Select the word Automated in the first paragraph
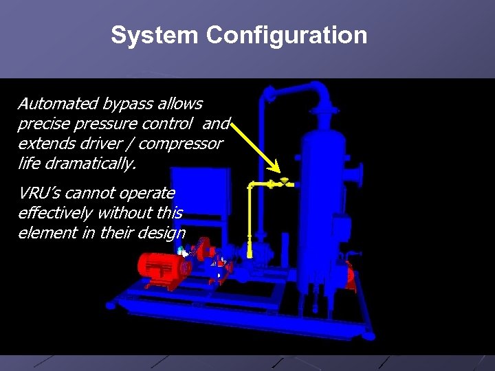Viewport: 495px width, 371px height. coord(58,104)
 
